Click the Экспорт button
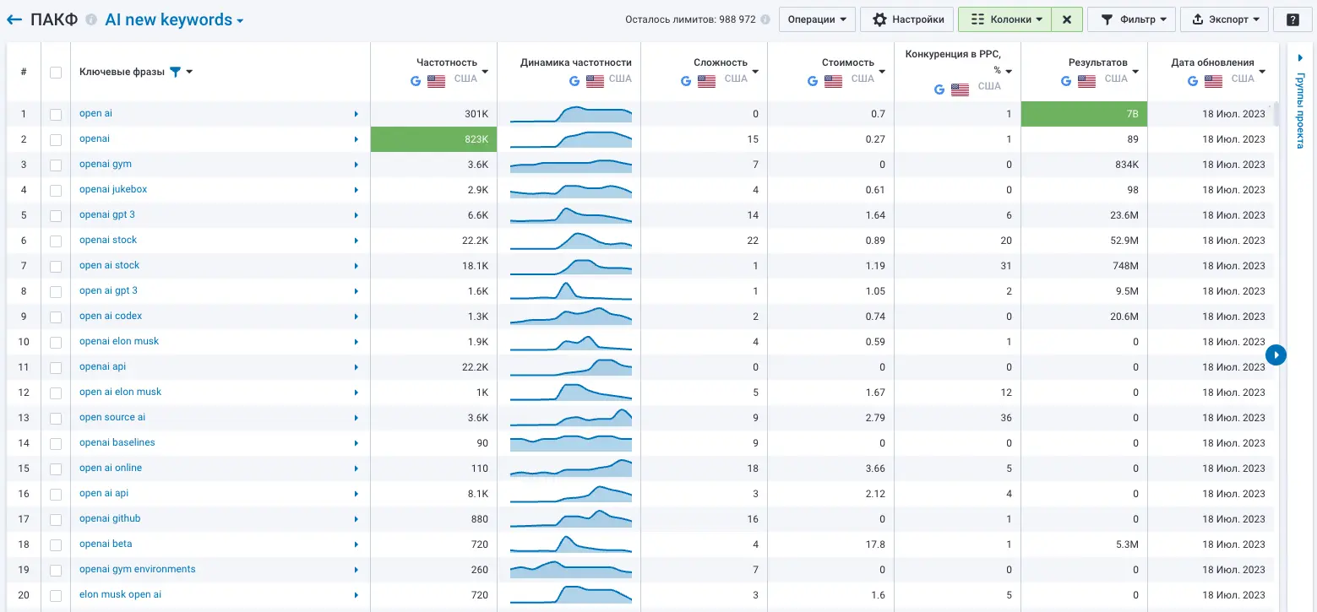[1224, 19]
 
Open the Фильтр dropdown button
[1131, 19]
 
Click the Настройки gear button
[907, 19]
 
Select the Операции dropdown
[817, 19]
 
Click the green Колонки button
[1004, 19]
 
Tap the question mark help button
[1293, 19]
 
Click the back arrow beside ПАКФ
[14, 19]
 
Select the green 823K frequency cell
[433, 139]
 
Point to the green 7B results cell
[1084, 114]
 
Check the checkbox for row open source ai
[56, 418]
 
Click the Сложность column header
[721, 62]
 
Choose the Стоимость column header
[847, 62]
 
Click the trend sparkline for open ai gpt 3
[570, 291]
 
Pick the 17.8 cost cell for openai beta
[875, 544]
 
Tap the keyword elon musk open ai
[120, 594]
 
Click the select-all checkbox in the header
[56, 72]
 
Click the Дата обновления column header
[1212, 62]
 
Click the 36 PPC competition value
[1005, 418]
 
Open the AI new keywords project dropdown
[174, 19]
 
